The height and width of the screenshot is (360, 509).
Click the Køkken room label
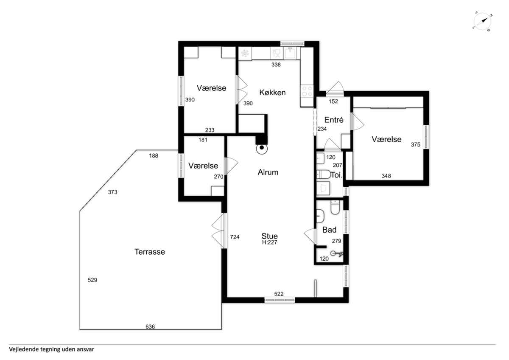coord(272,92)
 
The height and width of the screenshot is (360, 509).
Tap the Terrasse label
coord(149,252)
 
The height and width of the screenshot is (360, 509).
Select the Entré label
coord(334,120)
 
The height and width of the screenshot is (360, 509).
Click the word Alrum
coord(268,172)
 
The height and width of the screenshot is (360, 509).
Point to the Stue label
coord(269,236)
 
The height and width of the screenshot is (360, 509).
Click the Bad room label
coord(329,230)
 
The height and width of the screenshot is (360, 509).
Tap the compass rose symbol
coord(482,22)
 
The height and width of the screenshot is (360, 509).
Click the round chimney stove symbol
coord(262,148)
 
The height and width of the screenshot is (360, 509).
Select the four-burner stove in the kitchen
coord(307,91)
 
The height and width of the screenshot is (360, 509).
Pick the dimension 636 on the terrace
coord(150,326)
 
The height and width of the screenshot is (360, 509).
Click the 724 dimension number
coord(235,237)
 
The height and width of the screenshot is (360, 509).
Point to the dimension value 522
coord(279,294)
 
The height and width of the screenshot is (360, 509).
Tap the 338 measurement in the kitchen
coord(276,65)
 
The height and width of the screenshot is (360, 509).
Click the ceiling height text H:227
coord(269,242)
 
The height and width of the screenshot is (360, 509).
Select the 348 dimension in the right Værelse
coord(386,176)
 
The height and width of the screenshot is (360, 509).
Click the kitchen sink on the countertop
coord(290,53)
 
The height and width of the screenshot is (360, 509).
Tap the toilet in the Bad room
coord(335,207)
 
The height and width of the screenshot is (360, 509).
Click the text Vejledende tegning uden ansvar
coord(52,349)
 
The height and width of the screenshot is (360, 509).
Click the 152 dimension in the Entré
coord(333,101)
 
